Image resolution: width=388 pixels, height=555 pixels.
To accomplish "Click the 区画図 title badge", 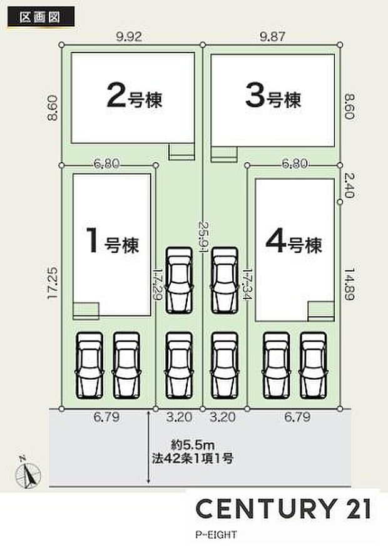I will (41, 17).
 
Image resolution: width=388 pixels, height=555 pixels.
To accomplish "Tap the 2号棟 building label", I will (134, 97).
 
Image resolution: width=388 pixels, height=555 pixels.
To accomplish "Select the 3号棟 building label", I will (273, 97).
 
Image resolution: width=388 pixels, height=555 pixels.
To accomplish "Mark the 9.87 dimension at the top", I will (272, 37).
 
